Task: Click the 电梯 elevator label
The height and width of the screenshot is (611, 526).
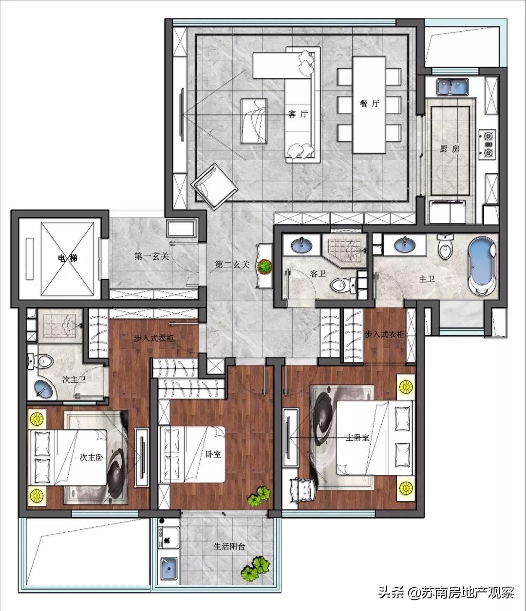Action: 67,258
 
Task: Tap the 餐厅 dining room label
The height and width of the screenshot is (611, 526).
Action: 369,104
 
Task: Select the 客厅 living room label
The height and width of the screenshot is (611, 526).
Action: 298,114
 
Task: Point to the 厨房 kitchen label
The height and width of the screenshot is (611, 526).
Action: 450,149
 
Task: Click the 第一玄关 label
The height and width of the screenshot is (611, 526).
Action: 151,256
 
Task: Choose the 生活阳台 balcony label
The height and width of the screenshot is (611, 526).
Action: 229,547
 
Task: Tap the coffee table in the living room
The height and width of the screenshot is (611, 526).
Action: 254,121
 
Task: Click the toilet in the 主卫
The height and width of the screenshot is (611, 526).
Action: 446,247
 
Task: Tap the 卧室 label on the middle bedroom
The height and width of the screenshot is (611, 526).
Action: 213,454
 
